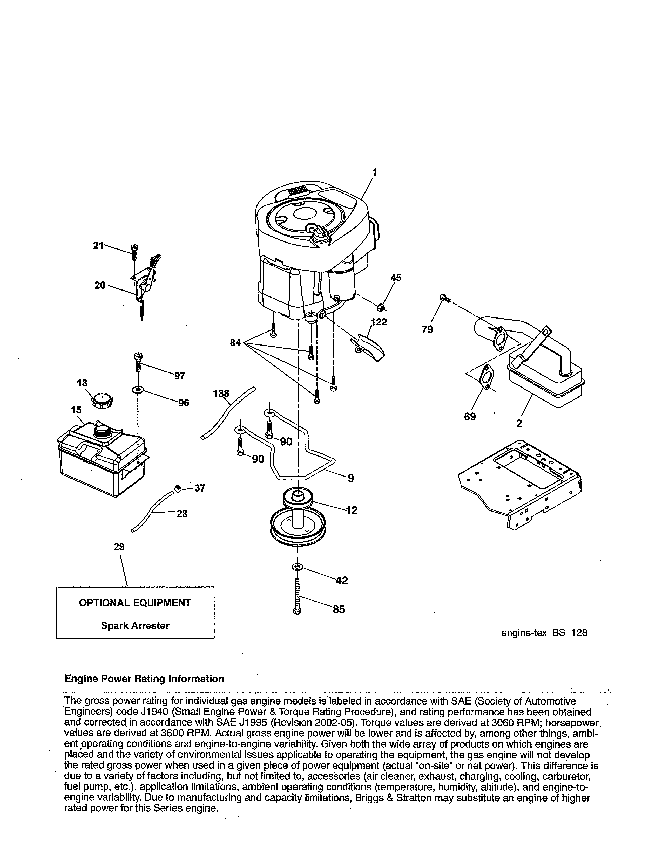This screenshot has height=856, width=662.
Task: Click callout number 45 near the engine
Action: click(396, 278)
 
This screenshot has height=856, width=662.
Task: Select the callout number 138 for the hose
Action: click(221, 393)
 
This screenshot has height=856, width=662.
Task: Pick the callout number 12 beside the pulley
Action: click(352, 510)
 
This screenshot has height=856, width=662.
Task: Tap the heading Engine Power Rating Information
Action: click(144, 679)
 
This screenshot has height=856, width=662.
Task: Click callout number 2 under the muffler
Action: click(519, 423)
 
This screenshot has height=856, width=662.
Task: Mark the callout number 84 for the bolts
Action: click(235, 343)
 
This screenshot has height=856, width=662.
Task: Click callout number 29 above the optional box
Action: click(119, 546)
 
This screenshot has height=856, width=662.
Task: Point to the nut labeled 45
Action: click(380, 307)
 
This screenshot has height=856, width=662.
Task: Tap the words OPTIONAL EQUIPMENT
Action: click(135, 603)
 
